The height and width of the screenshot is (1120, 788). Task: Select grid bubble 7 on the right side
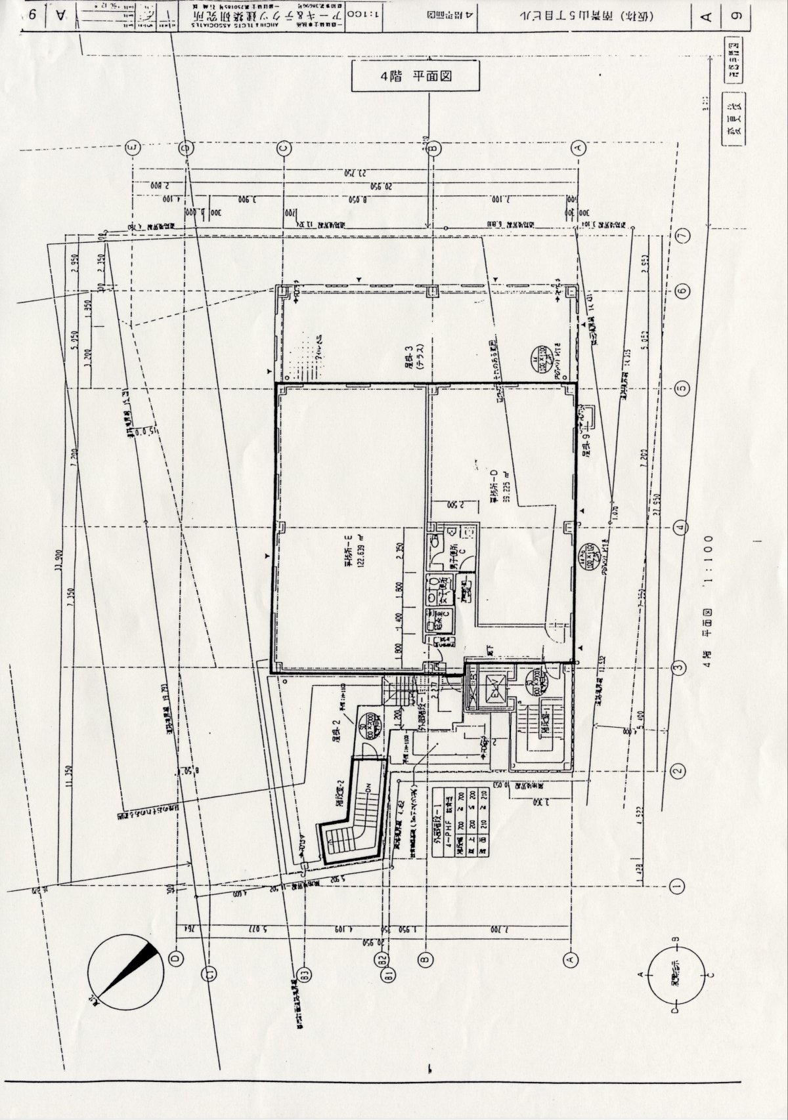click(683, 234)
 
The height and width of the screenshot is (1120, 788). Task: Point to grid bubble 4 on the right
click(682, 527)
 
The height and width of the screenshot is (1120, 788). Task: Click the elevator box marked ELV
click(489, 688)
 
